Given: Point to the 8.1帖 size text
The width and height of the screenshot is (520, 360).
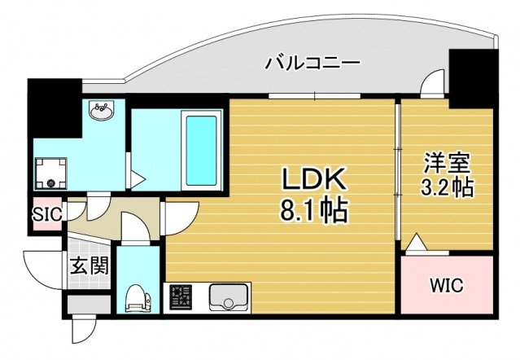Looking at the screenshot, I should (x=313, y=213).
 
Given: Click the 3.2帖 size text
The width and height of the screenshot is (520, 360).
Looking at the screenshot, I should (x=447, y=187).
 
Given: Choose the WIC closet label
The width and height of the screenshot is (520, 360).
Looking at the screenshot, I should (x=446, y=285).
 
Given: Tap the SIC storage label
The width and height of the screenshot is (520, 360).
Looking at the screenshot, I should (x=46, y=216).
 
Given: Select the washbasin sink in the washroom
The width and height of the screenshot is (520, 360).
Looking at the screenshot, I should (x=102, y=112).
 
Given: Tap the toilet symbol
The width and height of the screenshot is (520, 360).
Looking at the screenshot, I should (x=138, y=297).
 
